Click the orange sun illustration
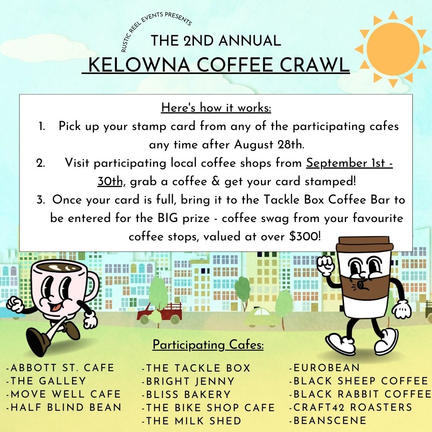coord(393,49)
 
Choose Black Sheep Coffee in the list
coord(358,381)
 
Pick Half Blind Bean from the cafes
coord(64,407)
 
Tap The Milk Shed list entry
coord(192,421)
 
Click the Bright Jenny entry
coord(188,381)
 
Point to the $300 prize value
coord(304,236)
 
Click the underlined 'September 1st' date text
coord(346,163)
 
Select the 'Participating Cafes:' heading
coord(208,345)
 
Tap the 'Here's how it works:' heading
coord(216,108)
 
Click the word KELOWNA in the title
coord(139,65)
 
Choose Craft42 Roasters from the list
coord(350,407)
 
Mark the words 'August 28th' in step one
coord(268,145)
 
